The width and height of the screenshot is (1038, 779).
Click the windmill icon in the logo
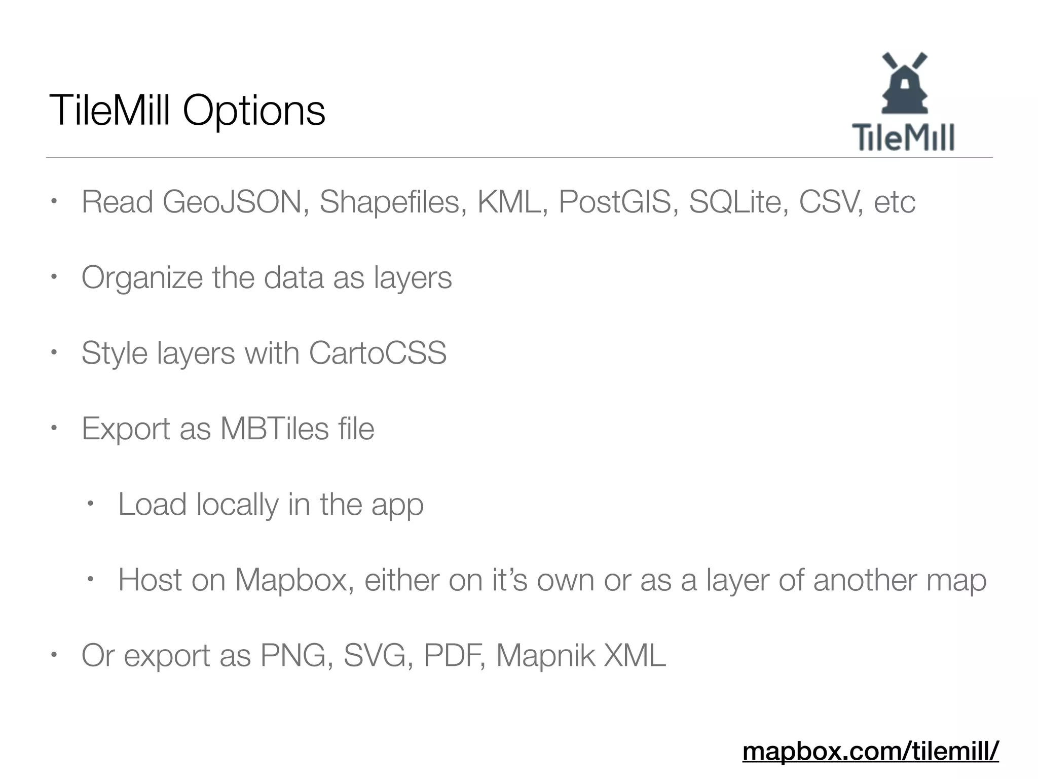tap(905, 83)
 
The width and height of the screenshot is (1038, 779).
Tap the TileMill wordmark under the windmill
tap(903, 137)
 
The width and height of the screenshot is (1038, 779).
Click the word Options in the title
tap(254, 111)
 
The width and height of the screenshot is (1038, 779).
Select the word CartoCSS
tap(378, 353)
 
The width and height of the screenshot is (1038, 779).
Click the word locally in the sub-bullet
tap(237, 505)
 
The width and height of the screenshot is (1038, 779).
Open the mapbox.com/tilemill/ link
tap(870, 751)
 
